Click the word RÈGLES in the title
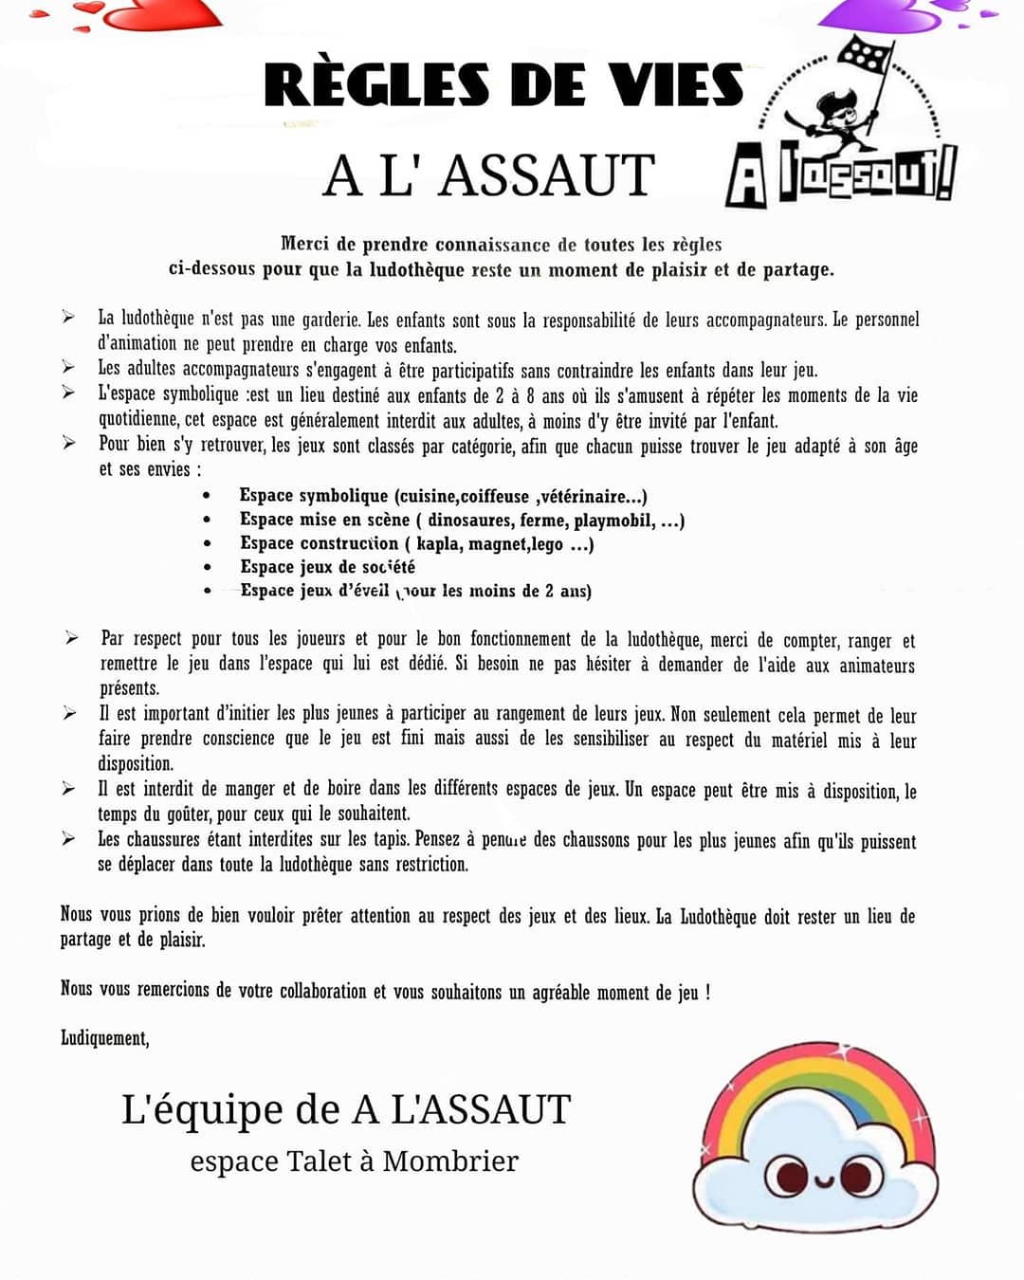pyautogui.click(x=376, y=85)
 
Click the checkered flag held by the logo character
pyautogui.click(x=867, y=56)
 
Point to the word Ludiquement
pyautogui.click(x=104, y=1037)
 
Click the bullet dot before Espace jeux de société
pyautogui.click(x=207, y=567)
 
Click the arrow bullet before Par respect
pyautogui.click(x=72, y=638)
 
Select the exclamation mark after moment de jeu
pyautogui.click(x=707, y=992)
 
